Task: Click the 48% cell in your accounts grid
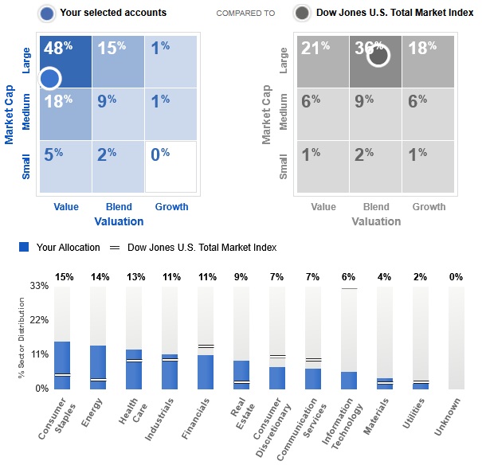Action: pyautogui.click(x=65, y=61)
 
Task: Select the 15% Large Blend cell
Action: pyautogui.click(x=118, y=61)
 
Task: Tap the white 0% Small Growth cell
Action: pyautogui.click(x=170, y=166)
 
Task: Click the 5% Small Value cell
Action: pyautogui.click(x=65, y=166)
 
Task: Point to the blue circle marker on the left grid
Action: pyautogui.click(x=49, y=78)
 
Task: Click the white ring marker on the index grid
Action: pyautogui.click(x=377, y=55)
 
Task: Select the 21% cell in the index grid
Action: pyautogui.click(x=321, y=61)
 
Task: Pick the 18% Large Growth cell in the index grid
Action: pyautogui.click(x=428, y=61)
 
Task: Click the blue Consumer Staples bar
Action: pyautogui.click(x=62, y=365)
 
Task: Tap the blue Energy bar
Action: pyautogui.click(x=98, y=367)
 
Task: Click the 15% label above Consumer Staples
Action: pyautogui.click(x=64, y=277)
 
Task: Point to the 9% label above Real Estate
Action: pyautogui.click(x=241, y=277)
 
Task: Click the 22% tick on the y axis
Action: pyautogui.click(x=39, y=319)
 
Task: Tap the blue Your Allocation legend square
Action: pyautogui.click(x=24, y=248)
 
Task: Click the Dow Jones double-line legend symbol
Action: pyautogui.click(x=115, y=248)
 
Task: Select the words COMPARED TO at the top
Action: pyautogui.click(x=245, y=14)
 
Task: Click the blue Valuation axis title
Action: pyautogui.click(x=119, y=221)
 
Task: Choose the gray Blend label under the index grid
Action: pyautogui.click(x=376, y=207)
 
